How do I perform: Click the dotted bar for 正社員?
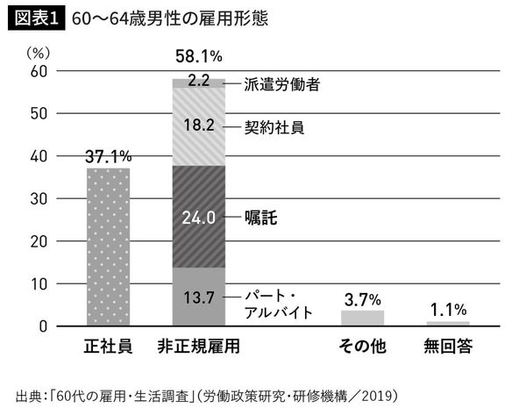click(x=108, y=247)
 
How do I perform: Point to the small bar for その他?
click(x=363, y=318)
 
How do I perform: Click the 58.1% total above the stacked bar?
click(x=198, y=57)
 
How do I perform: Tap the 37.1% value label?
click(x=108, y=155)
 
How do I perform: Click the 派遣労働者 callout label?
click(x=281, y=84)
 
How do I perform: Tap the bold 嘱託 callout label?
click(x=262, y=216)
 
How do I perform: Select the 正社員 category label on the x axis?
click(x=108, y=345)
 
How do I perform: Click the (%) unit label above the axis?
click(x=39, y=50)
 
